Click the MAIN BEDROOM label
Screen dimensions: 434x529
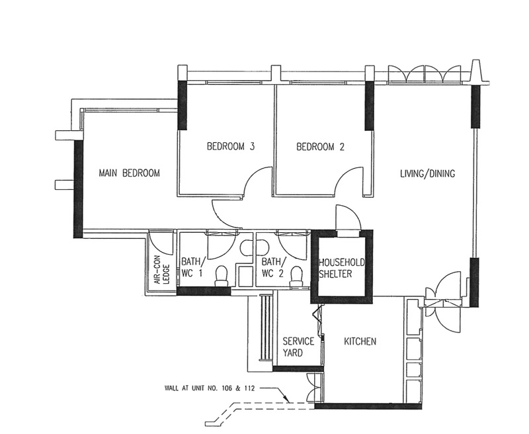[130, 173]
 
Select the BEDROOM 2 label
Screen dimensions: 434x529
[320, 147]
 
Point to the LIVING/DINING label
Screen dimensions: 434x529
[427, 173]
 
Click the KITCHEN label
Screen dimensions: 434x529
[360, 342]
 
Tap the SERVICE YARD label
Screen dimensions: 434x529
[293, 347]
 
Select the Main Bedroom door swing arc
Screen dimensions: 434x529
[225, 213]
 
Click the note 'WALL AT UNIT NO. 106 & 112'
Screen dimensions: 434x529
[214, 388]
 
